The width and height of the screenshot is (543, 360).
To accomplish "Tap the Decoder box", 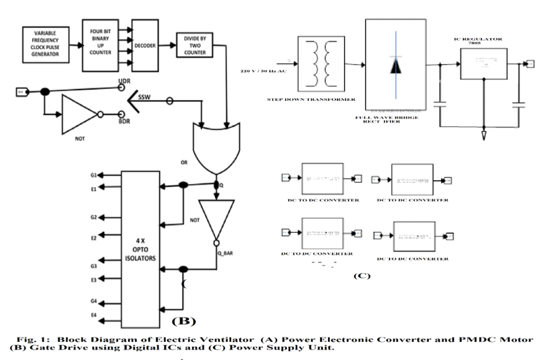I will click(147, 45).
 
